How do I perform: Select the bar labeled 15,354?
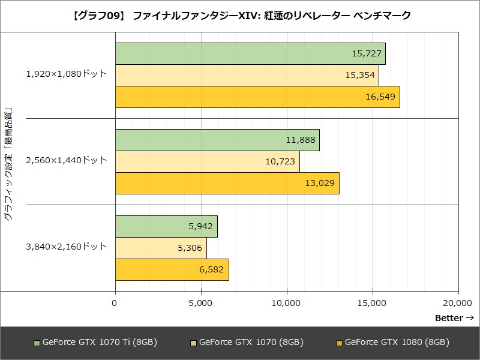pos(247,75)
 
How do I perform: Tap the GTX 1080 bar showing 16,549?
pos(257,97)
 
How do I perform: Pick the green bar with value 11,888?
pos(217,140)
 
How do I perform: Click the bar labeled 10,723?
pos(207,161)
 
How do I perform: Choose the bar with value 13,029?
pos(227,183)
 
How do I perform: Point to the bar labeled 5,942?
pos(166,226)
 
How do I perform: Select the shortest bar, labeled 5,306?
pos(160,248)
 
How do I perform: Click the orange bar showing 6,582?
pos(172,269)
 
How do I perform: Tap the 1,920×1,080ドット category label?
pos(66,74)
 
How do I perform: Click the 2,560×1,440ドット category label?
pos(66,160)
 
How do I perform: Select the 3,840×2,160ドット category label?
pos(66,247)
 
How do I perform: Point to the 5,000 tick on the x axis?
pos(200,303)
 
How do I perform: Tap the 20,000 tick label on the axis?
pos(458,303)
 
